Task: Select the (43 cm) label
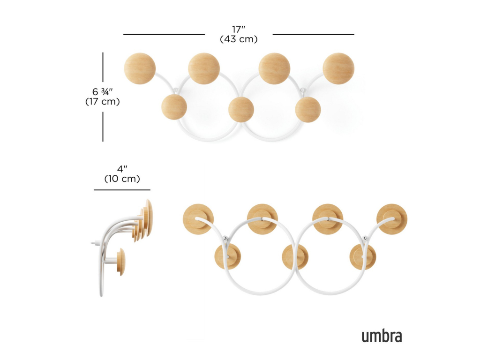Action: click(x=239, y=39)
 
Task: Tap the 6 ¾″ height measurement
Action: click(x=102, y=91)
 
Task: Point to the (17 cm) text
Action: click(x=102, y=101)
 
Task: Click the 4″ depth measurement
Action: click(x=122, y=169)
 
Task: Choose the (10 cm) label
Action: click(x=122, y=179)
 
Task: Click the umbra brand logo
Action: click(x=382, y=336)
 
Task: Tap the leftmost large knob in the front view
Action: click(x=140, y=68)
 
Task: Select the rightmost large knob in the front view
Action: click(x=338, y=68)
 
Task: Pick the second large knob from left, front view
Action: click(x=204, y=68)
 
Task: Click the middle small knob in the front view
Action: click(x=241, y=109)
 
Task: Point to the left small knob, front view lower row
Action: click(x=174, y=107)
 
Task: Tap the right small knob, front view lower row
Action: click(x=308, y=109)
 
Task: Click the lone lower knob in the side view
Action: click(x=121, y=262)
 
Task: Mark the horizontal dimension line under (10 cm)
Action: click(x=122, y=190)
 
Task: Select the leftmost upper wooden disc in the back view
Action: click(x=198, y=219)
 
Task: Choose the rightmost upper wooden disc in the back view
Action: click(x=392, y=219)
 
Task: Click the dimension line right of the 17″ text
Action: click(x=313, y=34)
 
